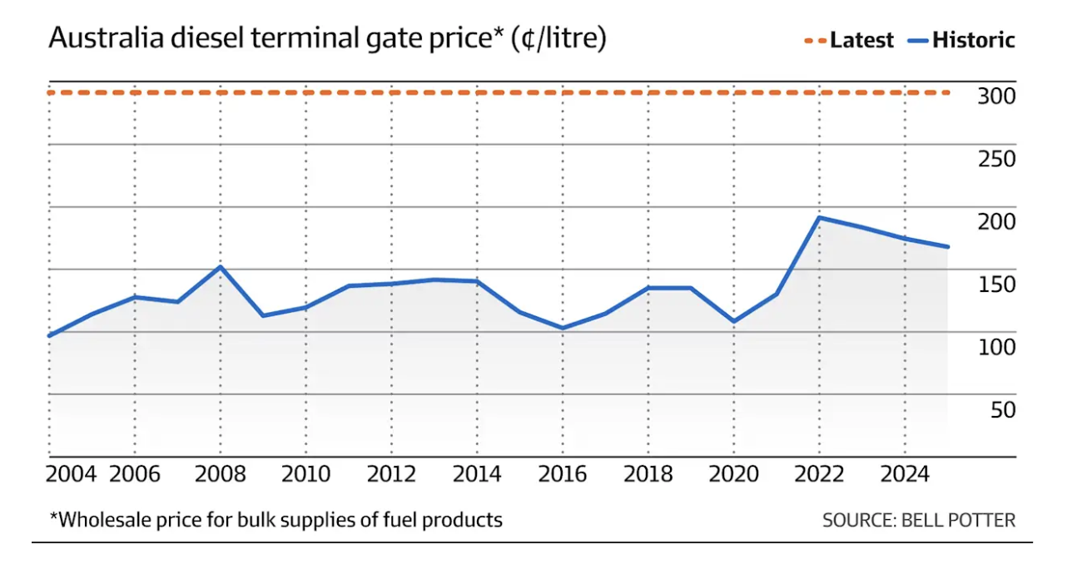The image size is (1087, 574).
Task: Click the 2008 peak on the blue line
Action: click(x=220, y=267)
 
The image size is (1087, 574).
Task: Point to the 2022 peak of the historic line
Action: click(x=820, y=218)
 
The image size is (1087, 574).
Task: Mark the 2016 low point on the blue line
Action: click(x=562, y=328)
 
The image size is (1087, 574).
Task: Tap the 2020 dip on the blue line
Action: click(x=733, y=321)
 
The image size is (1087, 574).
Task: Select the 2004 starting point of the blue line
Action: click(x=50, y=335)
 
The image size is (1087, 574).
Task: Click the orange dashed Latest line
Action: click(x=499, y=92)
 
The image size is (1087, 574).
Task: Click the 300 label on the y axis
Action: click(x=996, y=96)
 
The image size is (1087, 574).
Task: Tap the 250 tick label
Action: click(x=996, y=159)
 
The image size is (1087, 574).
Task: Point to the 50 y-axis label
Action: click(x=1002, y=409)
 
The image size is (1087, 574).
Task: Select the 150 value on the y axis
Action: click(x=996, y=285)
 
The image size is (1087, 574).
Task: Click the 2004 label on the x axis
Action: click(x=72, y=474)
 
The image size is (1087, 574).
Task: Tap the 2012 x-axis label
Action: click(x=392, y=474)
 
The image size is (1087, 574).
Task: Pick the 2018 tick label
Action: click(x=648, y=474)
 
